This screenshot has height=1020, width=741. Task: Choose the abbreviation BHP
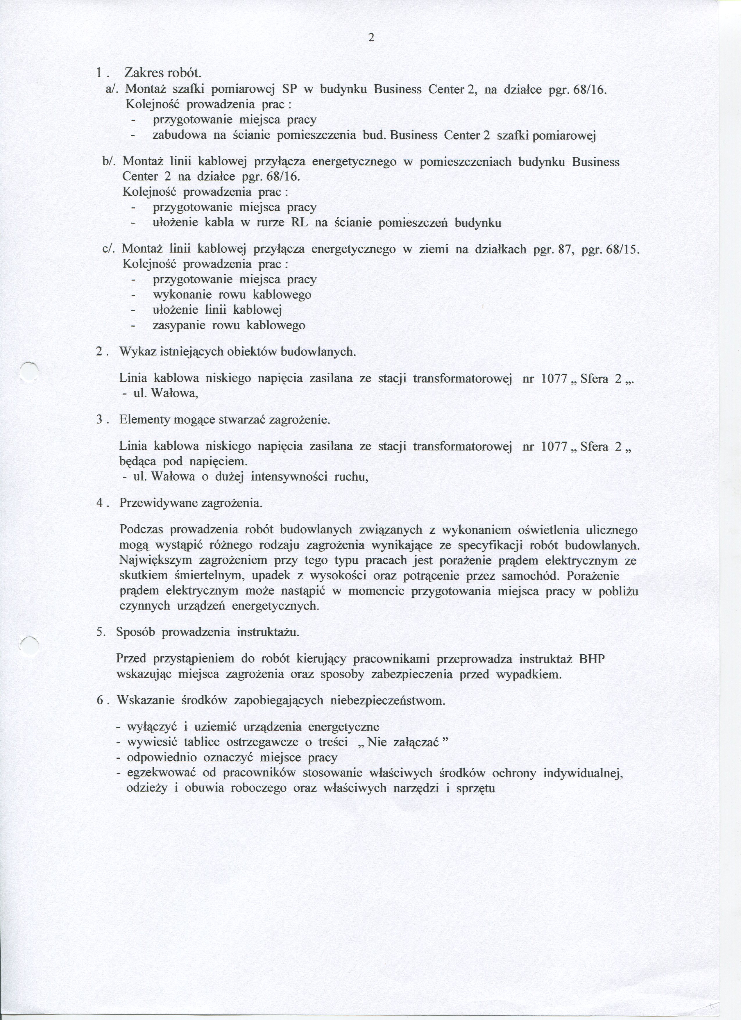coord(592,659)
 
